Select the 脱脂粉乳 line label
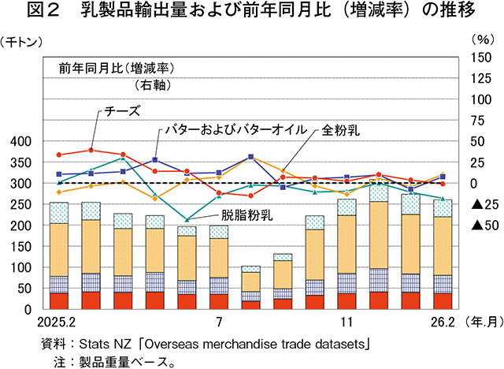click(245, 214)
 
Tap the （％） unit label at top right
click(480, 39)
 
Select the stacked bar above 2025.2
click(59, 255)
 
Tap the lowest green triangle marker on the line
click(187, 219)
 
